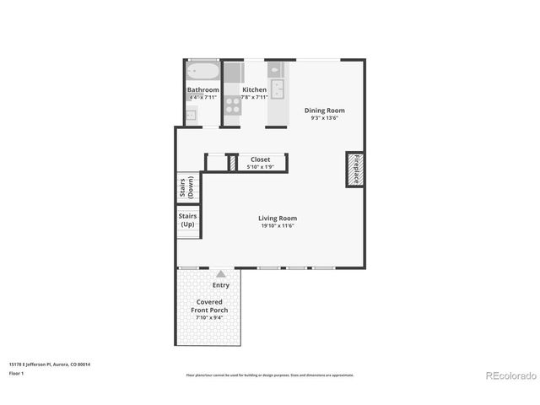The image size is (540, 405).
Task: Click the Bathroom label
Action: coord(202,90)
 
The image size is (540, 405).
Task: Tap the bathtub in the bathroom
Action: coord(202,71)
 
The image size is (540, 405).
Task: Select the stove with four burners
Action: coord(233,106)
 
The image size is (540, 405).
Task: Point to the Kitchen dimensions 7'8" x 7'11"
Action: coord(254,98)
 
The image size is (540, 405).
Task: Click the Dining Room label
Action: coord(324,111)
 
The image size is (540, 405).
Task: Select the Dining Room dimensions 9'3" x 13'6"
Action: coord(324,118)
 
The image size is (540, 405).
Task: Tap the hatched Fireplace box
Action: coord(354,170)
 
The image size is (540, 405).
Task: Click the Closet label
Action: coord(260,159)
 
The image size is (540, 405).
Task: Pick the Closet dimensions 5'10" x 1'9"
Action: coord(260,166)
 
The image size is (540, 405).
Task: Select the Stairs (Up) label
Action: coord(188,219)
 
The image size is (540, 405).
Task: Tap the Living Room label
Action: coord(278,219)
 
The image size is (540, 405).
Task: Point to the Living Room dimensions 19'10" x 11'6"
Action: coord(278,226)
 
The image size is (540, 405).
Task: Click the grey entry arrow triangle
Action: coord(220,273)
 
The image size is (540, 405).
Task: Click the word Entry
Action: coord(220,285)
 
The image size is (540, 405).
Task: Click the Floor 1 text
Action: coord(16,373)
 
